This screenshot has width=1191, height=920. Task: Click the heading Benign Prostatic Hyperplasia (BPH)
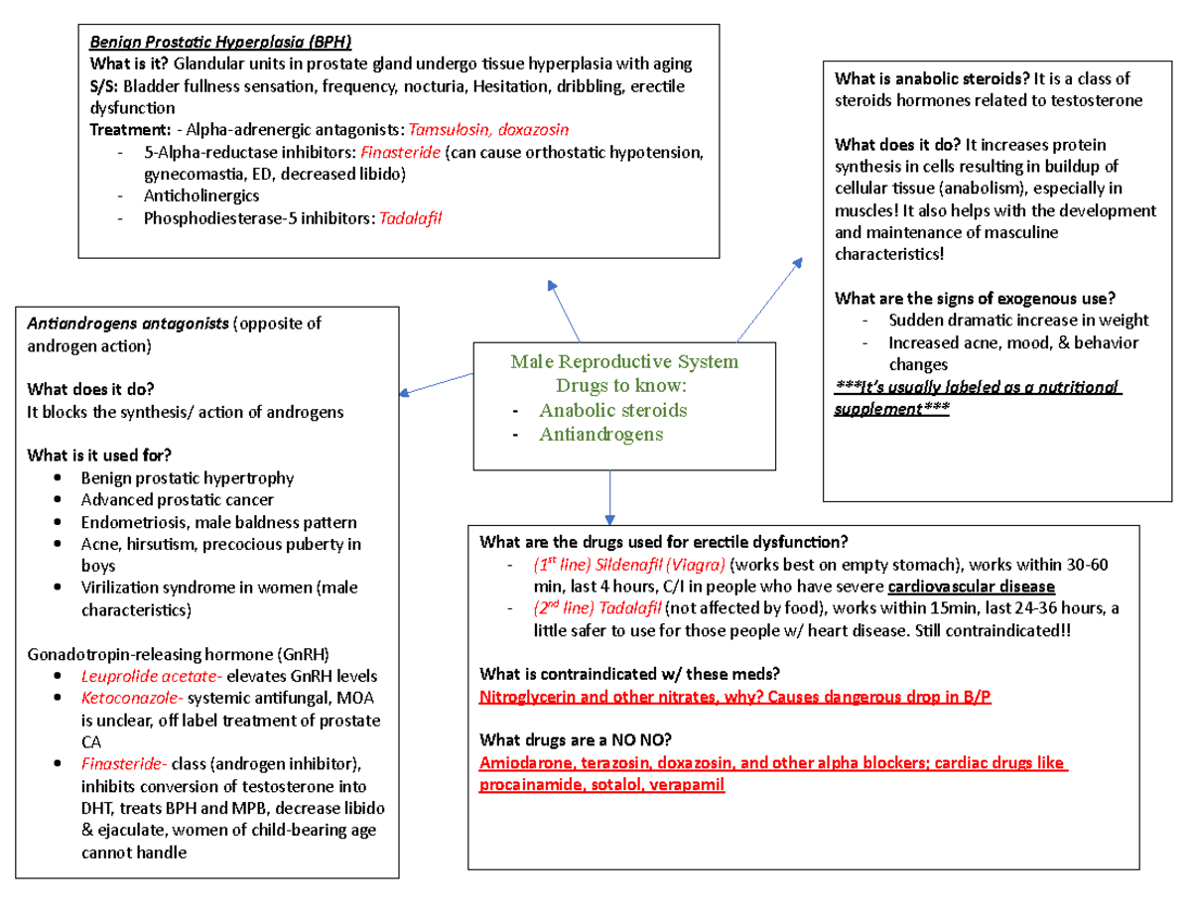click(x=220, y=42)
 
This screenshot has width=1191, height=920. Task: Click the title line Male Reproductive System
click(x=624, y=361)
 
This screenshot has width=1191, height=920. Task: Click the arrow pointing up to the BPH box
click(x=566, y=310)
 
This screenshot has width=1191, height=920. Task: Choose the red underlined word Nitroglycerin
click(x=528, y=697)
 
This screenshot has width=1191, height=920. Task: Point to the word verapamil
click(x=688, y=784)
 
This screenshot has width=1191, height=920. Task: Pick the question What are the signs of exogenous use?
click(x=976, y=298)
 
